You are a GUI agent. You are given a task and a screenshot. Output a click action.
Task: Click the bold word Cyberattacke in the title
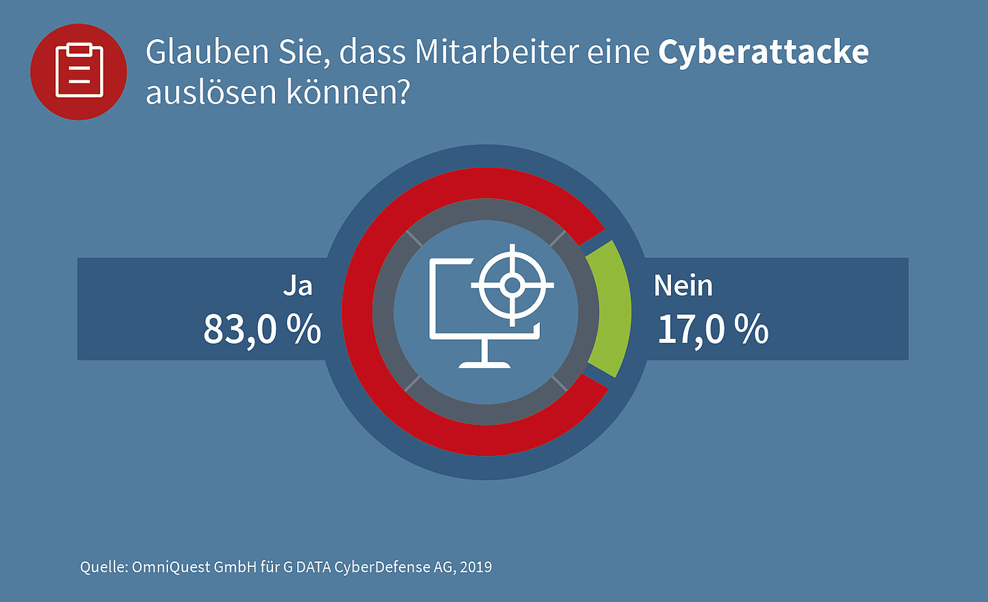point(763,52)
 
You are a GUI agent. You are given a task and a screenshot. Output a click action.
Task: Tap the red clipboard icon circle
point(79,71)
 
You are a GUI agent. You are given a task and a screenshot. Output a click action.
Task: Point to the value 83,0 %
point(262,329)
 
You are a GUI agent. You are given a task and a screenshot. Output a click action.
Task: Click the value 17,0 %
point(713,329)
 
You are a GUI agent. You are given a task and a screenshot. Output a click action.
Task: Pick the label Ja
point(298,286)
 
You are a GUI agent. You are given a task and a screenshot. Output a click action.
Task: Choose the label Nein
point(683,286)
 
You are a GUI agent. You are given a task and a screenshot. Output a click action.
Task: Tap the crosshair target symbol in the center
point(512,285)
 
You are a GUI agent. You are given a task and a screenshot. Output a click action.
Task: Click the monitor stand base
point(484,363)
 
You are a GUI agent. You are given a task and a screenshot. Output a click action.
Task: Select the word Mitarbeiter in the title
point(497,52)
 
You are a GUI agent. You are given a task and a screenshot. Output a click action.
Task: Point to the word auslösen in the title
point(211,93)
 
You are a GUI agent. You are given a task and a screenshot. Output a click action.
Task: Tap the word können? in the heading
point(348,93)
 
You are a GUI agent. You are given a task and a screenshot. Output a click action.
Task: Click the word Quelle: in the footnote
point(104,567)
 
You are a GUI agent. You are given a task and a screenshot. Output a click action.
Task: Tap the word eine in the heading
point(617,52)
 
